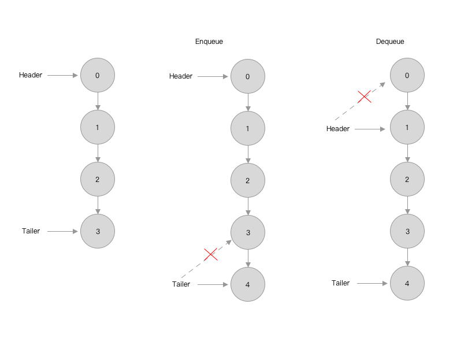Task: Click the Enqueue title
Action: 209,42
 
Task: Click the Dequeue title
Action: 390,42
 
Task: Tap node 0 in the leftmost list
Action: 98,75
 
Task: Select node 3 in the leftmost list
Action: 98,231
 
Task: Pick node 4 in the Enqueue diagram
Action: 248,284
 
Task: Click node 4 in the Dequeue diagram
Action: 407,283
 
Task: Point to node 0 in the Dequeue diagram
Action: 407,75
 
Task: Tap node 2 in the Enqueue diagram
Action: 248,180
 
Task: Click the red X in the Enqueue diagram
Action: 211,254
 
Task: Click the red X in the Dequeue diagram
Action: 365,97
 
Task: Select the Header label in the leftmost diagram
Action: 31,75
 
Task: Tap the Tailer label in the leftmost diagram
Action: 31,231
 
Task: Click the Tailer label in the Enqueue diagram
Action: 181,284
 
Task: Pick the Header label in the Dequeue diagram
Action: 337,129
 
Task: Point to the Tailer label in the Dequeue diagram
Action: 340,283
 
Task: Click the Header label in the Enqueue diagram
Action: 181,76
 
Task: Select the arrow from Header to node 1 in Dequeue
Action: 370,129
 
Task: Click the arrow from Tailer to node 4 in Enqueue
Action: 213,284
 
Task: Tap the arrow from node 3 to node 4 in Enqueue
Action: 248,258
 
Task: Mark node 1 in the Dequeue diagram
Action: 407,127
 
